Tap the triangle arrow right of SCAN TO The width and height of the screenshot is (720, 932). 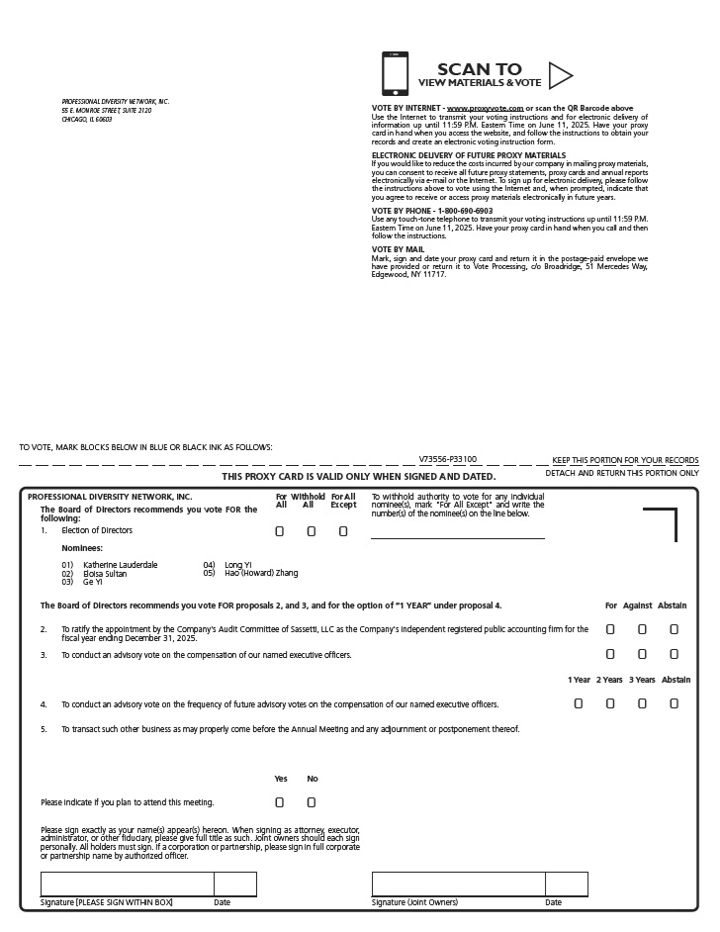pos(560,75)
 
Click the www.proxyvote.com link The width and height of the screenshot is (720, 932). pos(485,107)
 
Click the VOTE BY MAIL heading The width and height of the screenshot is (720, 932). pos(397,249)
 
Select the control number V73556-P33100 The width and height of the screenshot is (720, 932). pos(448,459)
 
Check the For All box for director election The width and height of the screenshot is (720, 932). pos(280,531)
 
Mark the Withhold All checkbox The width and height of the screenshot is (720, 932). pos(312,531)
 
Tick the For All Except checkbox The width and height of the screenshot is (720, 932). pos(343,531)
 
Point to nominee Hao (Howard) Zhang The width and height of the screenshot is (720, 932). pos(261,573)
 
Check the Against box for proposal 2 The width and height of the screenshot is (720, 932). pos(642,629)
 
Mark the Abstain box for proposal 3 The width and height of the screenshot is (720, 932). pos(674,654)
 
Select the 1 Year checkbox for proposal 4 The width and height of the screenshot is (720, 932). pos(579,704)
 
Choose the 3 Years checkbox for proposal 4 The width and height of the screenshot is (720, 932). pos(642,704)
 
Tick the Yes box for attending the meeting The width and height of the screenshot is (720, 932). pos(280,802)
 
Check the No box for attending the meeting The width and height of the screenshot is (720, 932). pos(312,802)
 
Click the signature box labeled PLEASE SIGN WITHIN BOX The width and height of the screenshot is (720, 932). pos(127,884)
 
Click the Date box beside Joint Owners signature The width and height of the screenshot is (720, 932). pos(566,884)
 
